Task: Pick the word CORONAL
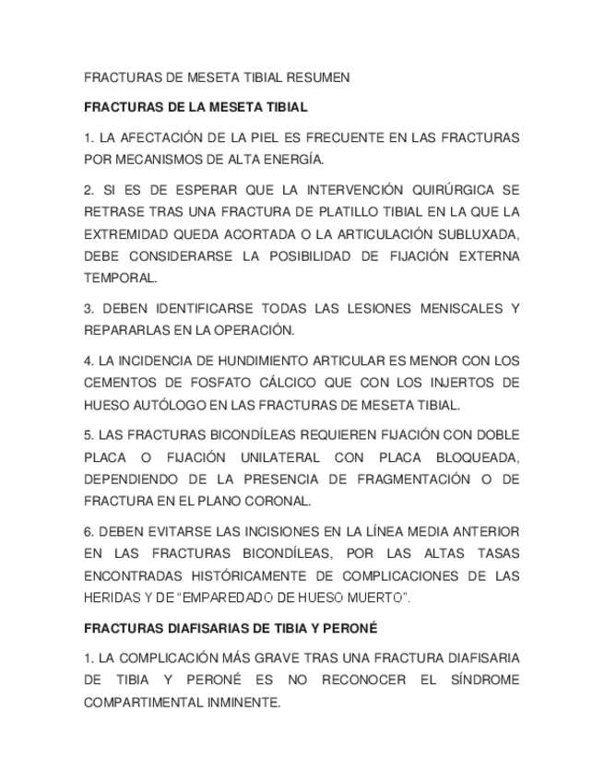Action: (276, 502)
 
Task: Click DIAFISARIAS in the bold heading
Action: (190, 629)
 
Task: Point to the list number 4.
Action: (89, 361)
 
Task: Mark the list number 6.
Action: (89, 532)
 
